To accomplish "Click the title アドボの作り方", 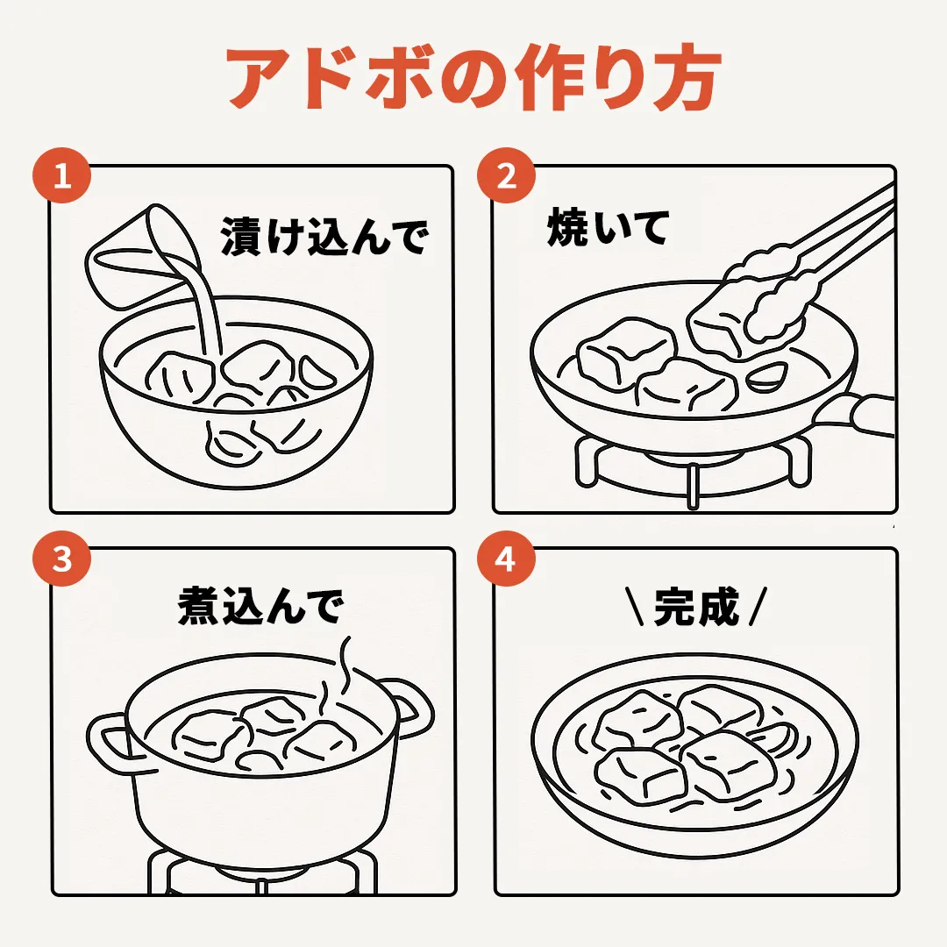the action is click(x=474, y=76).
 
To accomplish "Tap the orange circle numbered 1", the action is click(x=61, y=175).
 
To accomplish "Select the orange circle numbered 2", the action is click(x=506, y=175).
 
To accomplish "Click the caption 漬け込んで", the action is click(x=325, y=236).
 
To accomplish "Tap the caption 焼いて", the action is click(x=608, y=227).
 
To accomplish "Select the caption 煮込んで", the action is click(x=261, y=605).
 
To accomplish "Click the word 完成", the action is click(x=696, y=606).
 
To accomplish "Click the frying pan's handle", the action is click(x=858, y=414).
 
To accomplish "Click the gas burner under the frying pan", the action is click(x=693, y=470).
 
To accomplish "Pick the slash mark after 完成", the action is click(x=758, y=606).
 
